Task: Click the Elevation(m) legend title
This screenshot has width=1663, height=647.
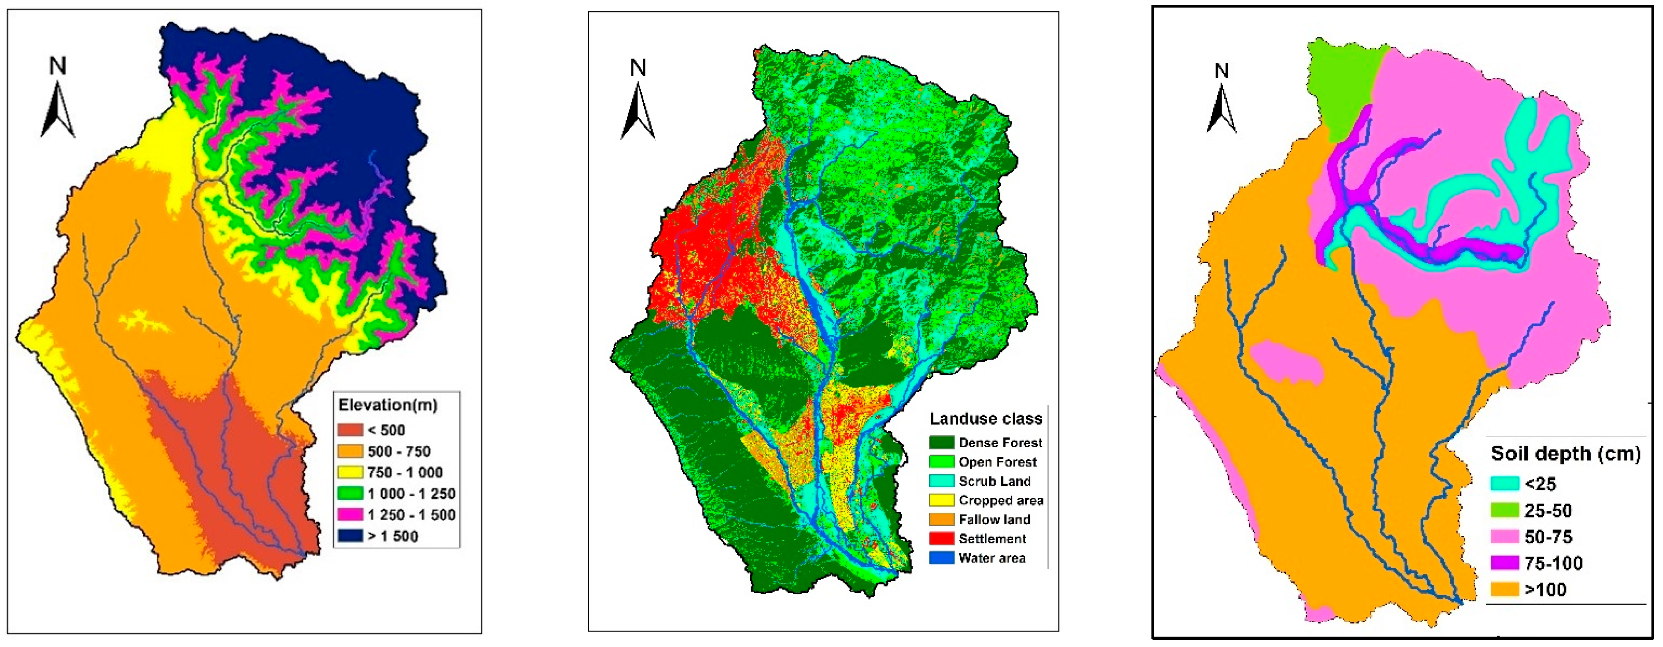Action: (388, 405)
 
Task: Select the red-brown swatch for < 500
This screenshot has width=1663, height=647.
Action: (350, 430)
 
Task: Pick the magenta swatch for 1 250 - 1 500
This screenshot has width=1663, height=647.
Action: (350, 515)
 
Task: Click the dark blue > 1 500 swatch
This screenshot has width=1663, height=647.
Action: (350, 536)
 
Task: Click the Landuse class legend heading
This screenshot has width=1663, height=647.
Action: (986, 419)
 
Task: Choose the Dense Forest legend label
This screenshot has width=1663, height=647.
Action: (1000, 443)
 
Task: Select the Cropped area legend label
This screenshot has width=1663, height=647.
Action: (1001, 500)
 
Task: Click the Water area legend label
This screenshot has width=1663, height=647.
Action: (992, 558)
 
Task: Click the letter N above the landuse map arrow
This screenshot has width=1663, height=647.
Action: (638, 68)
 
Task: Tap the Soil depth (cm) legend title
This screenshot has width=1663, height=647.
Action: (1565, 454)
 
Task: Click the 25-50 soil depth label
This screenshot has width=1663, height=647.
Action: (1547, 511)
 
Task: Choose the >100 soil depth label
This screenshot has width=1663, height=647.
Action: (1545, 590)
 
